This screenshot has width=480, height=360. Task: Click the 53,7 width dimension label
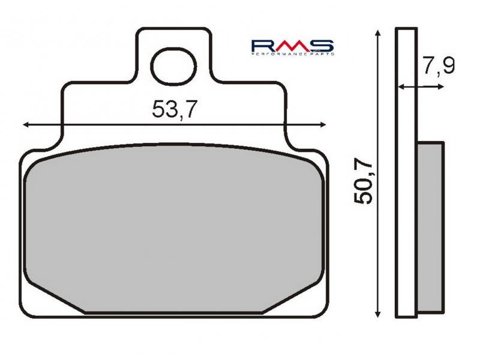(173, 109)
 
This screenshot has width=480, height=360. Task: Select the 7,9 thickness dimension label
(439, 65)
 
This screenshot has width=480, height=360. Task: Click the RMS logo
(293, 47)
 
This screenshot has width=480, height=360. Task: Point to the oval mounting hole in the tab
(173, 67)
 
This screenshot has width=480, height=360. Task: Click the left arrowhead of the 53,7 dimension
(26, 125)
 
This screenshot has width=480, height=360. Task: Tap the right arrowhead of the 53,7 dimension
(323, 125)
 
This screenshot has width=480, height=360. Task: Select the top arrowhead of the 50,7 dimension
(379, 33)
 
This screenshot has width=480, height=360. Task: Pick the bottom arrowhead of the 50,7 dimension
(379, 313)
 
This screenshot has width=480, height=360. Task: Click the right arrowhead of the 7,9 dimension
(441, 87)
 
